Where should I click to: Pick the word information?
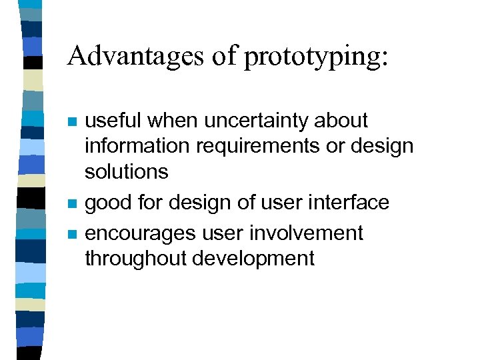[136, 146]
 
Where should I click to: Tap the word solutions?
[126, 171]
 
